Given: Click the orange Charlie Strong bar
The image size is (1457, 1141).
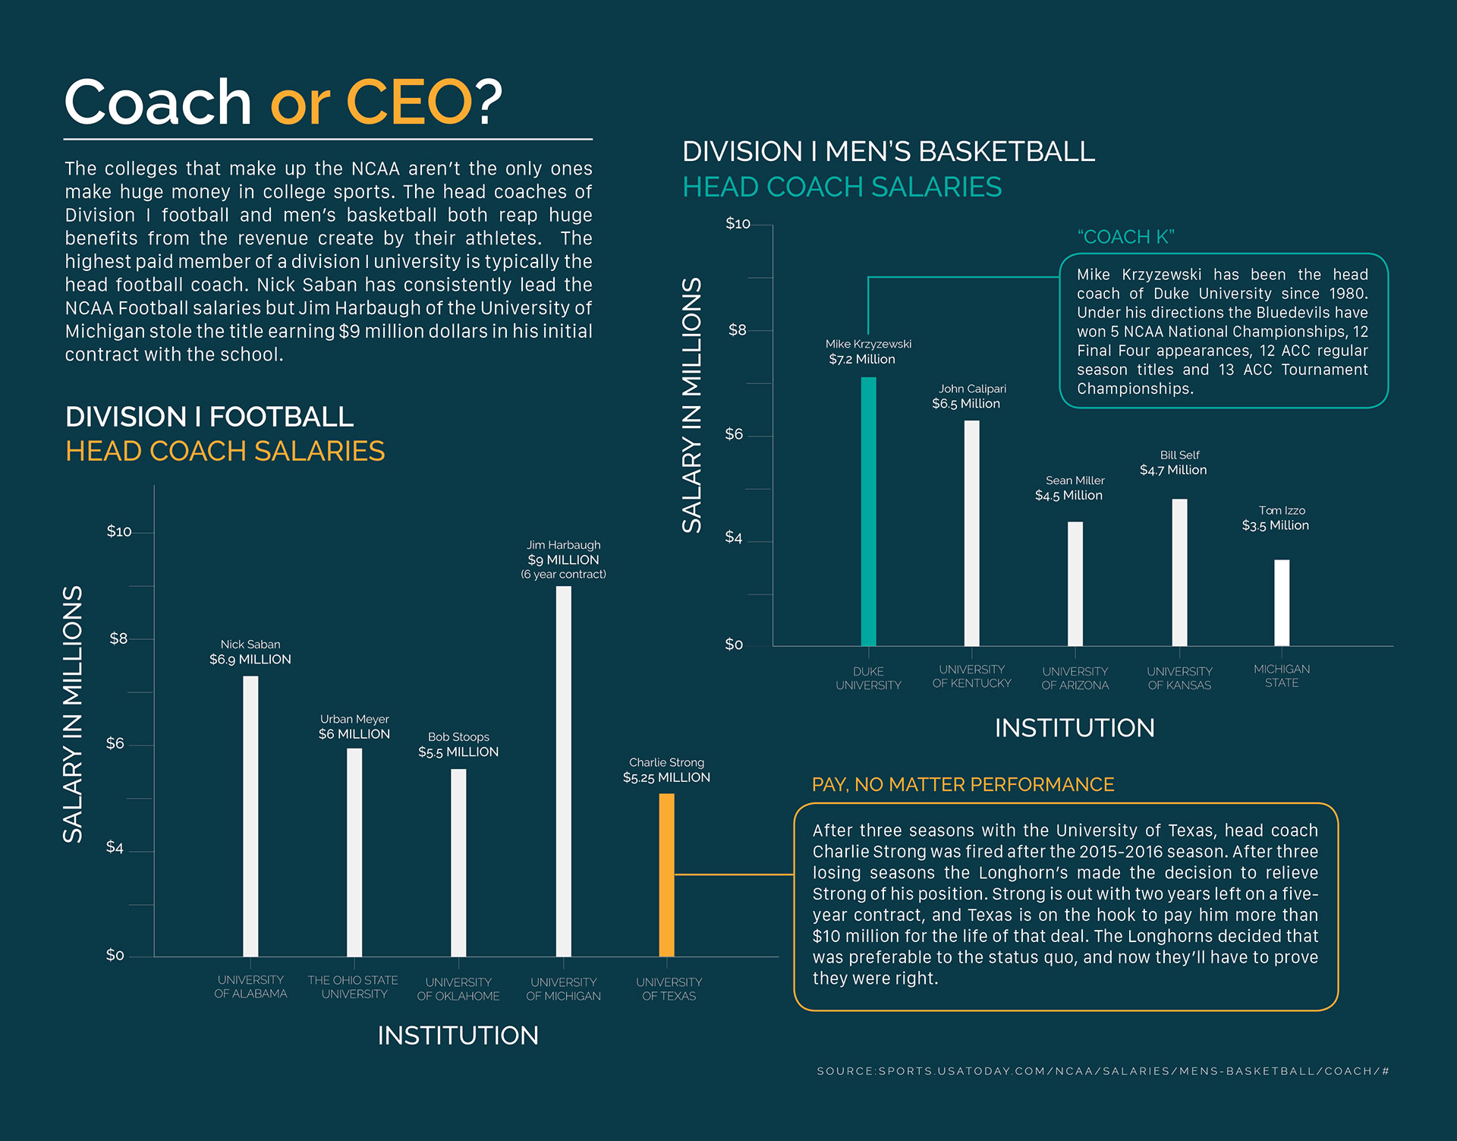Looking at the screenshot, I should (666, 875).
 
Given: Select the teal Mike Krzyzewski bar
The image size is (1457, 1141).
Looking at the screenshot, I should (868, 512).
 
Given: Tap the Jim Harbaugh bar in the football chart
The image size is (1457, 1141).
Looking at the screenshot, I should (563, 771).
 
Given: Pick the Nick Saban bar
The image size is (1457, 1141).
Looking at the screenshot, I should (250, 816).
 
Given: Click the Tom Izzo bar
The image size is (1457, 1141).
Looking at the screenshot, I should (1282, 603).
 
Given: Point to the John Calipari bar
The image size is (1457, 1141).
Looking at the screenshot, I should (971, 533).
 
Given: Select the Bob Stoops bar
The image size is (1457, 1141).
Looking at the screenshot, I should (458, 862).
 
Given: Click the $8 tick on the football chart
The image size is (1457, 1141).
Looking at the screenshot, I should (118, 638).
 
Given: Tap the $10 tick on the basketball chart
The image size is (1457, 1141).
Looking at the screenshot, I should (738, 224).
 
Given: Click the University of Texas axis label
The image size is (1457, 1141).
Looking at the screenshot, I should (669, 988).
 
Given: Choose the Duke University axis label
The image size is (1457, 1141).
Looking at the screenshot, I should (868, 678).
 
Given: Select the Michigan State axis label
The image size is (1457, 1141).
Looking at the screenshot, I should (1282, 676).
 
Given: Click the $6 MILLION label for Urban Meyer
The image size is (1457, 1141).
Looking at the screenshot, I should (354, 734).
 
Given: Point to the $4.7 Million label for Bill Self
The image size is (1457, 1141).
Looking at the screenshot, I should (1173, 470).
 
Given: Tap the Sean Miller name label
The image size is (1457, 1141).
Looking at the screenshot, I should (1075, 481).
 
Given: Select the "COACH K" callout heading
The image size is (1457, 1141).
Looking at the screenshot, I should (1125, 237).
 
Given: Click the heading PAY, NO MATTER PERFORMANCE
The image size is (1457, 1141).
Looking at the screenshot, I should (962, 784).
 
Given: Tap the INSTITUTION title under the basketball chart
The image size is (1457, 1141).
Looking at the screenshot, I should (1075, 728).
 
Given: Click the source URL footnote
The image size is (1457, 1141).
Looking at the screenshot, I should (1103, 1071).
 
